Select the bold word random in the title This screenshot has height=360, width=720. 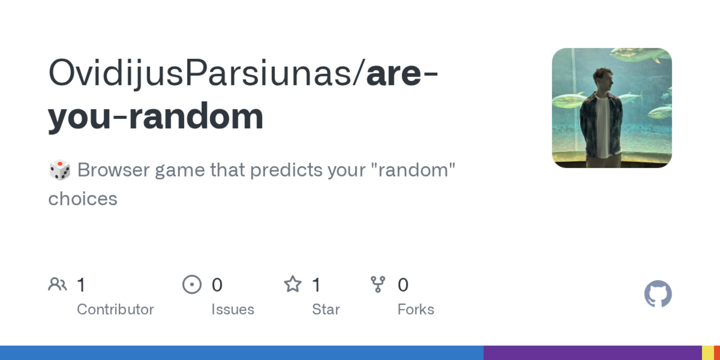[x=196, y=116]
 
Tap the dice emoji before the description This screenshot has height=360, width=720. [x=60, y=170]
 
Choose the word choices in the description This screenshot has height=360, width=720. [x=83, y=199]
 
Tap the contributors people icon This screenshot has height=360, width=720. [x=58, y=284]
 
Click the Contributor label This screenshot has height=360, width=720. [x=115, y=310]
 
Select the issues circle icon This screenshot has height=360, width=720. [x=192, y=284]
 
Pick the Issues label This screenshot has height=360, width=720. [x=232, y=310]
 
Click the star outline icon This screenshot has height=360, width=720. [x=293, y=284]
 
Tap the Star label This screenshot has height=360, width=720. [x=326, y=310]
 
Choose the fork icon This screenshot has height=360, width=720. [x=378, y=284]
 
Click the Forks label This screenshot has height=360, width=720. [x=416, y=310]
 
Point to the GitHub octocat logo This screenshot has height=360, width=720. [x=658, y=294]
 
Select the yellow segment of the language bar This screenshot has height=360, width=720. [x=708, y=353]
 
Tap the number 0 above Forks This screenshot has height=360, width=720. [x=403, y=285]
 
